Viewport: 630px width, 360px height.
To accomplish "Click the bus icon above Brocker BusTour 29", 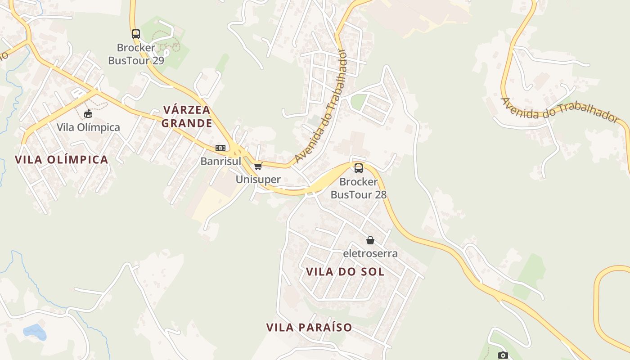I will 135,34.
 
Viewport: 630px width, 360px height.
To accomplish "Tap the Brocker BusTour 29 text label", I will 136,54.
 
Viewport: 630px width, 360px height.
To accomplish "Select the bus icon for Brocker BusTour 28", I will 359,168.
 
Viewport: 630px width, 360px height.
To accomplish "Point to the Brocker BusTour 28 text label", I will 359,188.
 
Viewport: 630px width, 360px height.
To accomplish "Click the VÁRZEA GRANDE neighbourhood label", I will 187,117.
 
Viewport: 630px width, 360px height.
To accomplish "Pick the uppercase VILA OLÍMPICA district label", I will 62,160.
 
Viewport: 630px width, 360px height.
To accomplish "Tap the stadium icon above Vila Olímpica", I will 88,113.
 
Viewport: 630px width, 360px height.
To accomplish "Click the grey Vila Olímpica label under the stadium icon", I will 88,127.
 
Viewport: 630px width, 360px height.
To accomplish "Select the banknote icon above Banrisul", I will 220,148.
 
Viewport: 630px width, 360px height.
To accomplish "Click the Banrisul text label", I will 221,161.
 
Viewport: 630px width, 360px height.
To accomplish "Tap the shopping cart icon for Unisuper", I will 258,166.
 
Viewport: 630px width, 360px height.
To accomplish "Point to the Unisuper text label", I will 258,180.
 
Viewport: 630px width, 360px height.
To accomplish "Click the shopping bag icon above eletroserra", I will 370,240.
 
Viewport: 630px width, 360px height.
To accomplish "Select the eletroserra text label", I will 370,253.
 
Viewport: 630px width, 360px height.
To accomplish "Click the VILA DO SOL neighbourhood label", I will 345,272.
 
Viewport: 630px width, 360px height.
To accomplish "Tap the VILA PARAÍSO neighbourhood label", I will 309,328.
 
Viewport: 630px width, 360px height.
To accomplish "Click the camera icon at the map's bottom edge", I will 503,355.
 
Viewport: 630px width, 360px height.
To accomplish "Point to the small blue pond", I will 35,332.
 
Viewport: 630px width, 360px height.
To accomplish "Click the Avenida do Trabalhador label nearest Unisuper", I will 322,106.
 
